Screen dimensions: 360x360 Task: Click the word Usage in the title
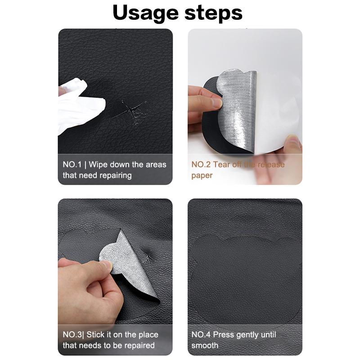144,13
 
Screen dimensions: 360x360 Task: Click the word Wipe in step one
100,165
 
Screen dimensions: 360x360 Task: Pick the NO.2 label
201,165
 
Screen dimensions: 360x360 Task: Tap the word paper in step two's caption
202,175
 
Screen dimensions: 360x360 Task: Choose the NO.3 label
72,335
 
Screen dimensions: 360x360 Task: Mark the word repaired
137,346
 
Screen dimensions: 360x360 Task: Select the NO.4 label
201,335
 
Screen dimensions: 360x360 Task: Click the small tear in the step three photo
147,257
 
